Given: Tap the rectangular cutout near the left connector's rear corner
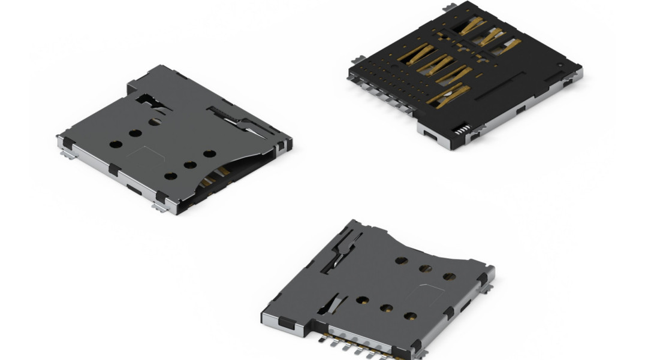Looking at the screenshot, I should pyautogui.click(x=147, y=98).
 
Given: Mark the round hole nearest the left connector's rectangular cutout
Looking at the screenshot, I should pyautogui.click(x=155, y=122).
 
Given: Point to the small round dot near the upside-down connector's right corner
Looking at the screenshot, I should pyautogui.click(x=559, y=65).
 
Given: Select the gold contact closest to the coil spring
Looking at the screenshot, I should pyautogui.click(x=447, y=96).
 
